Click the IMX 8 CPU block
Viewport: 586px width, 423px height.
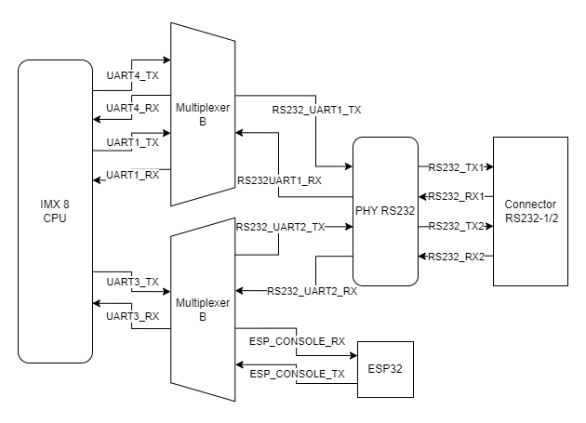(x=55, y=211)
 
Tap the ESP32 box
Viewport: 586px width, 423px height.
(x=386, y=369)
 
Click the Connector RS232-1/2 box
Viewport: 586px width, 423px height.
(x=529, y=211)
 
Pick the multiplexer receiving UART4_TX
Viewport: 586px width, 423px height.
(x=202, y=114)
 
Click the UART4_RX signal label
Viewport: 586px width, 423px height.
(x=133, y=109)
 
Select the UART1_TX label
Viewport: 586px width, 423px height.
(x=133, y=142)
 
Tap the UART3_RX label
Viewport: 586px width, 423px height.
(x=133, y=315)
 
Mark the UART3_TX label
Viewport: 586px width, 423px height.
(x=133, y=282)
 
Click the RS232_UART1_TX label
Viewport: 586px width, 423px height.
(x=316, y=109)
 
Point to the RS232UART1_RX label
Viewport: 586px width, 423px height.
(x=279, y=180)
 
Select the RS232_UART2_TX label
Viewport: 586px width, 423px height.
(x=280, y=226)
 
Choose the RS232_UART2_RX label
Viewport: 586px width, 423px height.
(x=312, y=291)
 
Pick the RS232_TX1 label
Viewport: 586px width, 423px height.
(x=456, y=167)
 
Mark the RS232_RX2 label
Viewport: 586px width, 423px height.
(x=456, y=257)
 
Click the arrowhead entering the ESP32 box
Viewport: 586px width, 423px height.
(x=353, y=354)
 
